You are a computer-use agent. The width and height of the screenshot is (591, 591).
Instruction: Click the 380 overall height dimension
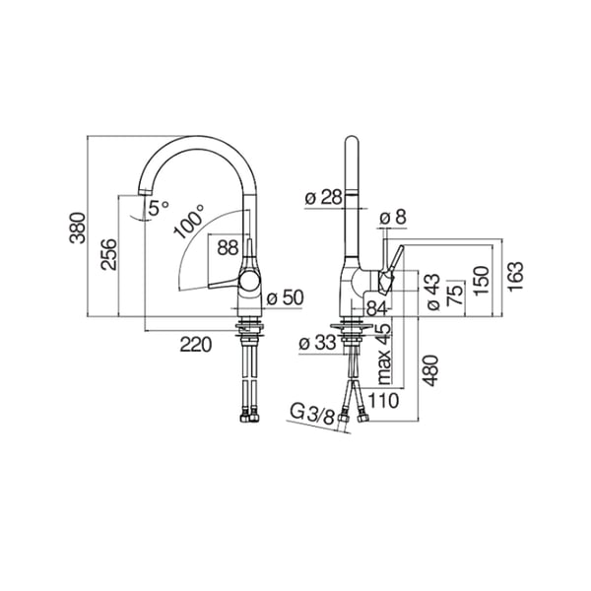click(78, 228)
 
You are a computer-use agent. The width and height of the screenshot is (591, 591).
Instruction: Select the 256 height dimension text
click(109, 254)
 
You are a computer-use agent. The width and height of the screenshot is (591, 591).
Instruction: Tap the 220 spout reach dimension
click(196, 345)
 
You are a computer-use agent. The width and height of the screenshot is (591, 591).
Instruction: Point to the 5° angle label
click(158, 208)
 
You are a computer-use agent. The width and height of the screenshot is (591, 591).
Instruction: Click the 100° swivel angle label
click(189, 222)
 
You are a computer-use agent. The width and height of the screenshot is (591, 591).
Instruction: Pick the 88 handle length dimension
click(229, 247)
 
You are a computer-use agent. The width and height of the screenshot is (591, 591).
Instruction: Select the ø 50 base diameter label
click(285, 297)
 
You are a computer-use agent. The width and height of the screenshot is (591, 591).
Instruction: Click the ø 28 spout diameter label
click(324, 197)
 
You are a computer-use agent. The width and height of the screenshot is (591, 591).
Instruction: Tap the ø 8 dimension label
click(393, 218)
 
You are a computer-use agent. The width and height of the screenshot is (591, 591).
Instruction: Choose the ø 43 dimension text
click(433, 293)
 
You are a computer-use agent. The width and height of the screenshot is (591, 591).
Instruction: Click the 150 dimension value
click(482, 281)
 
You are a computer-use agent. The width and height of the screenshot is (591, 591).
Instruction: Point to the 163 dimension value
click(515, 276)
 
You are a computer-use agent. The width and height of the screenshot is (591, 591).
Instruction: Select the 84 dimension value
click(377, 309)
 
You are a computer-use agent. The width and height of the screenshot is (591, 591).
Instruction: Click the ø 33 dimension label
click(317, 343)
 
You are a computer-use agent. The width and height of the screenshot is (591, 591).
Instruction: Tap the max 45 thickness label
click(384, 354)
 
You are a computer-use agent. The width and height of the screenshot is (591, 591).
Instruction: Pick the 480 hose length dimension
click(430, 370)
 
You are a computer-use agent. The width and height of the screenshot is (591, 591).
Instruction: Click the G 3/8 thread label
click(313, 414)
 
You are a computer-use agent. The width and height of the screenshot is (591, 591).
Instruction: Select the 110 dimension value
click(383, 401)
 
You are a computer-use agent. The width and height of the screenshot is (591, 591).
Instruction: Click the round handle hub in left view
click(249, 282)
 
